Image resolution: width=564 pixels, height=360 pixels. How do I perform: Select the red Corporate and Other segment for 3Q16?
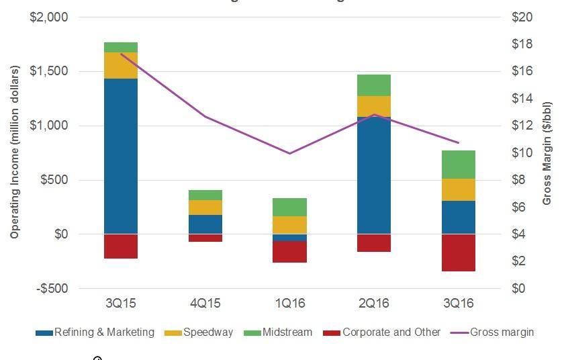(458, 253)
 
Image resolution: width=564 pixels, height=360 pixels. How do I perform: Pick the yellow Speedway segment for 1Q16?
(289, 225)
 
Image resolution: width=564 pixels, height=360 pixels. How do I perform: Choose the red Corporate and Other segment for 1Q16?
(289, 252)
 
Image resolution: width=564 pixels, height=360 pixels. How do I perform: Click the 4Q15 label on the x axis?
(205, 304)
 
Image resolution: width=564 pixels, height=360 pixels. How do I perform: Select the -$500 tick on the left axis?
(50, 289)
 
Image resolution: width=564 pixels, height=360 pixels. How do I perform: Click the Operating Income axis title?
(15, 152)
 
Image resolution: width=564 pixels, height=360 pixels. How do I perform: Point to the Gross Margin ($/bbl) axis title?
(547, 153)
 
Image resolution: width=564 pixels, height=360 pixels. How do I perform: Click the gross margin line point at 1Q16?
(289, 153)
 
